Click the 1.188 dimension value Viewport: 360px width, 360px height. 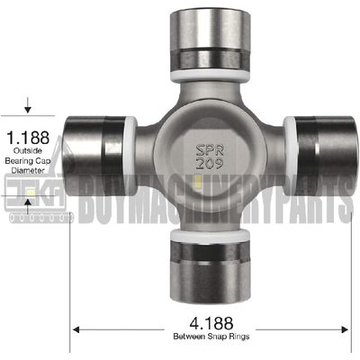click(x=27, y=139)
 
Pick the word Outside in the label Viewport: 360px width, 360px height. click(x=27, y=155)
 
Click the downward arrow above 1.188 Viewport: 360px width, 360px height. click(x=28, y=109)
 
